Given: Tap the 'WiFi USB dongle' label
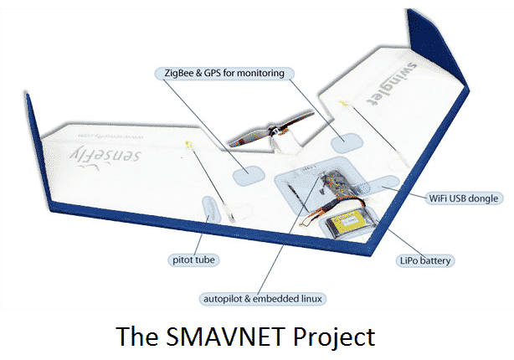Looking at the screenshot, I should [x=462, y=198].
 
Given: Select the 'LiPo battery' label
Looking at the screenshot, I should [x=424, y=261].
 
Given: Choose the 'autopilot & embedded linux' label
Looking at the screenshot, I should [x=264, y=299].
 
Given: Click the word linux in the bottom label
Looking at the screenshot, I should [x=311, y=299].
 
